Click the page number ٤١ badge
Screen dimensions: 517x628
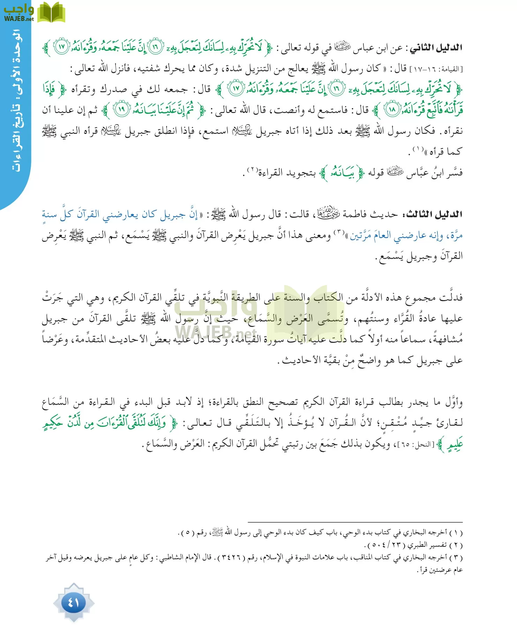pyautogui.click(x=74, y=602)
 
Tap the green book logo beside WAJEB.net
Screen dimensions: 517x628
pyautogui.click(x=51, y=13)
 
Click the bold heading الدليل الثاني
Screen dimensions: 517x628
pyautogui.click(x=436, y=47)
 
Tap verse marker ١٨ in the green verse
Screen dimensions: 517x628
pyautogui.click(x=392, y=110)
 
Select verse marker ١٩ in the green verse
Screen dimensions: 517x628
pyautogui.click(x=121, y=110)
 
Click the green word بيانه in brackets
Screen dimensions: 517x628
pyautogui.click(x=342, y=173)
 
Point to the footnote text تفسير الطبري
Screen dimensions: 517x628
pyautogui.click(x=429, y=545)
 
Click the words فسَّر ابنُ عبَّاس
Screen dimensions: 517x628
pyautogui.click(x=435, y=173)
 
